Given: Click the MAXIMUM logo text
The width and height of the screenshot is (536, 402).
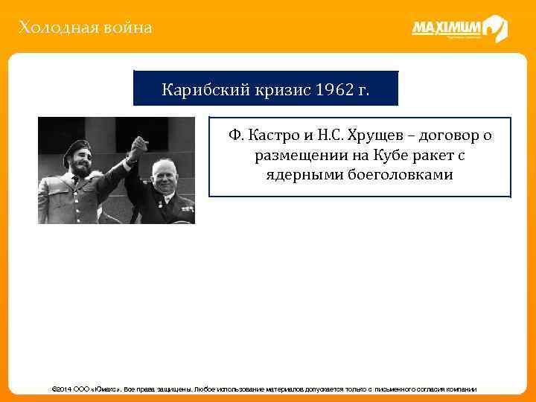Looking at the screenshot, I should click(446, 28).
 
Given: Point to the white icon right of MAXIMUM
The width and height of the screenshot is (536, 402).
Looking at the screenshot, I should click(495, 28).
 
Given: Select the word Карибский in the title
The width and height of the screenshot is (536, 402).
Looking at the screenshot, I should click(195, 91).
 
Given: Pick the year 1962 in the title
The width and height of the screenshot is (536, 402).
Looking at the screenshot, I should click(331, 91).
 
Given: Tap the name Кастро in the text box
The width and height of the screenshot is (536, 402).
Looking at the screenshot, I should click(278, 137).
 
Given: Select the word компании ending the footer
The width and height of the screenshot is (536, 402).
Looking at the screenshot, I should click(459, 389).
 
